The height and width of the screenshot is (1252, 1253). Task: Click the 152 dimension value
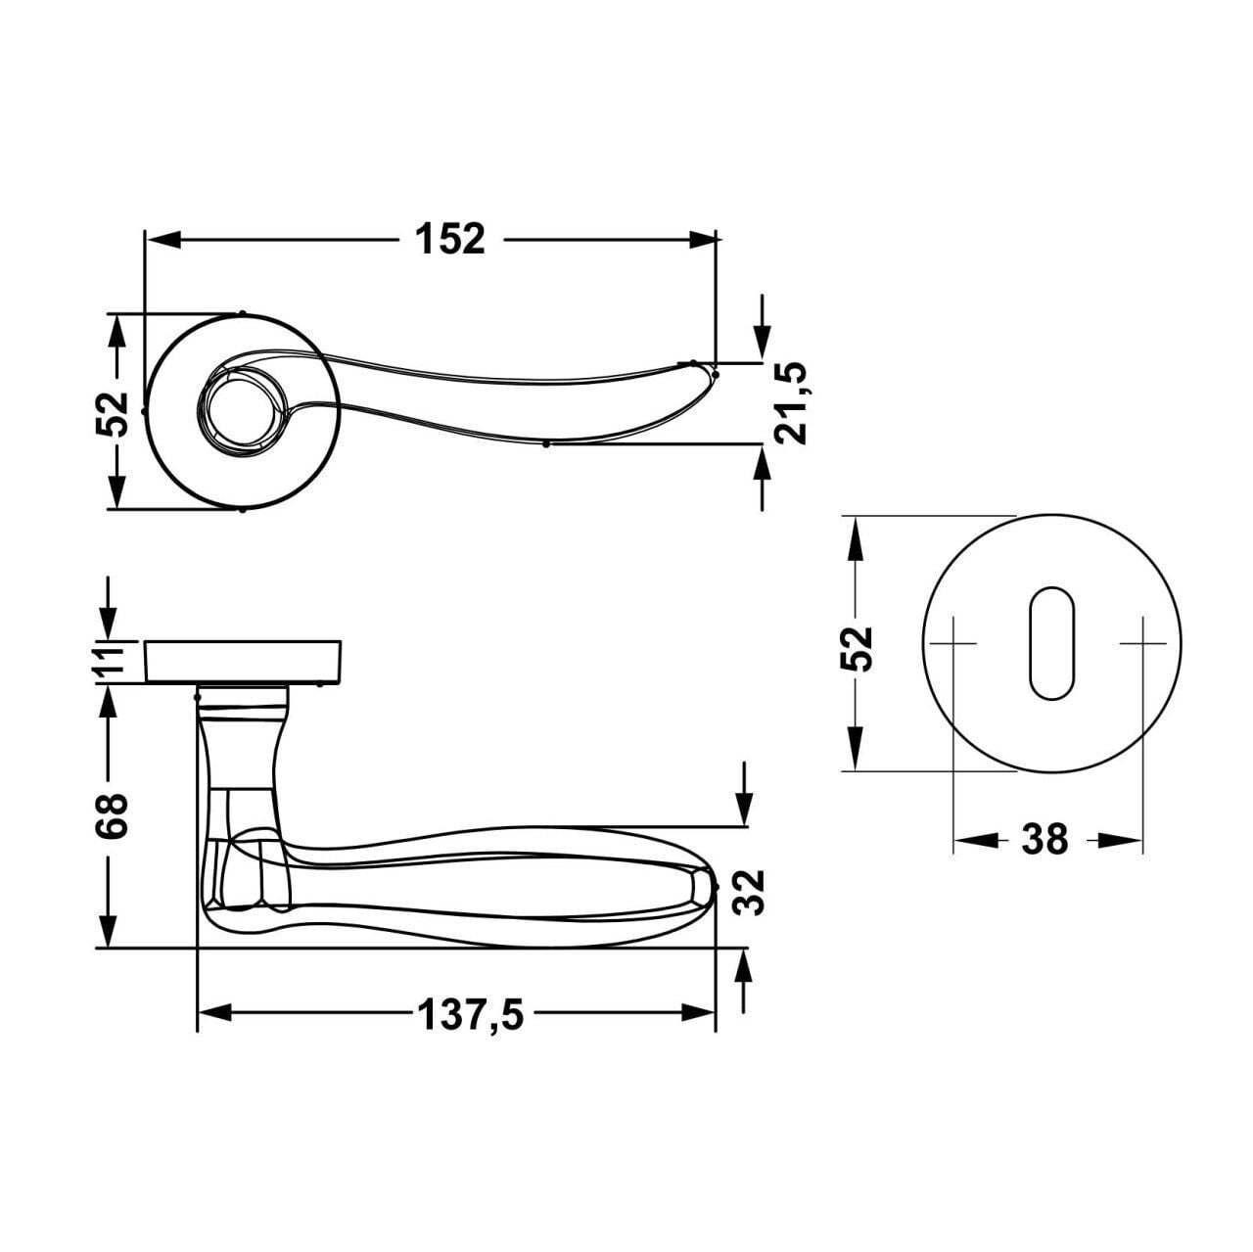pos(450,239)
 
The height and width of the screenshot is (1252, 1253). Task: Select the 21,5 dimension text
pos(792,404)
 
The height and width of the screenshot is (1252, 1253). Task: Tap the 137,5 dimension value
pos(470,1015)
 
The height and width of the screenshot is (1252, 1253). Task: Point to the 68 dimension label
pos(112,814)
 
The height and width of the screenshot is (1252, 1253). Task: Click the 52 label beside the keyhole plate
pos(857,648)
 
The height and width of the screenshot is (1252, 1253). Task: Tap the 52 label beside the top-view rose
pos(112,414)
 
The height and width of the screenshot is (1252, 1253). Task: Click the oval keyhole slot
pos(1050,643)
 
